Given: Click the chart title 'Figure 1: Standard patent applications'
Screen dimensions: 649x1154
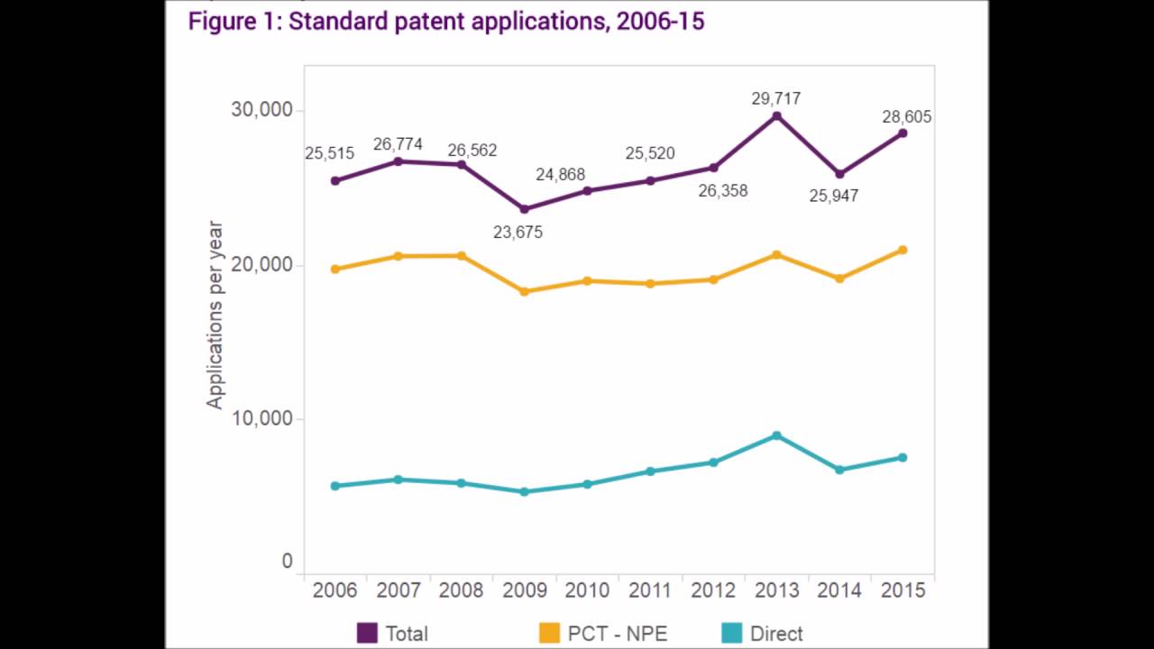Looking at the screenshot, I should point(445,22).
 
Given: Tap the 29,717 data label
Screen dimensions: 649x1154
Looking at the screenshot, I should point(776,98).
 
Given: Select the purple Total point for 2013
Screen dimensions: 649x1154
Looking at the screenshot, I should point(776,116).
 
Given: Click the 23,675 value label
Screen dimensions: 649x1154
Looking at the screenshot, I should point(517,233).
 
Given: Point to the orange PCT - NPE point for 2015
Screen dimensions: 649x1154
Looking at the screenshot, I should point(902,250).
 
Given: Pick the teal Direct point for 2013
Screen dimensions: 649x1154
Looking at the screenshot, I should point(776,435).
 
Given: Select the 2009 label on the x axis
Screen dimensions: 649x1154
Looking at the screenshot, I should point(524,590).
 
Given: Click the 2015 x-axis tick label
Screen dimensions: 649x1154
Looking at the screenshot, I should point(902,590).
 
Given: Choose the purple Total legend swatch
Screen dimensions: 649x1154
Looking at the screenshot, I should point(367,633).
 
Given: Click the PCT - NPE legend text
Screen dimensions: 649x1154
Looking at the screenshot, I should point(618,634).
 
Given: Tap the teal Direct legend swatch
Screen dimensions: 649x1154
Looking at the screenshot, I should point(731,633).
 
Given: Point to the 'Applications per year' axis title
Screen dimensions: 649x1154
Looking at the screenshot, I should point(215,315).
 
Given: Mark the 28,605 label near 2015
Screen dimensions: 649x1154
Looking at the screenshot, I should point(906,117).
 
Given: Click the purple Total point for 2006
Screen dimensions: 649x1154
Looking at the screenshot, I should point(335,180).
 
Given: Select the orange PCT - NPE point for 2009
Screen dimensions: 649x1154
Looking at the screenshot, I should point(524,291).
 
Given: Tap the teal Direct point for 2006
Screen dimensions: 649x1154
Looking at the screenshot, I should point(335,486).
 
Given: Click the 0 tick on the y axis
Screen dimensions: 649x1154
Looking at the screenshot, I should point(287,562).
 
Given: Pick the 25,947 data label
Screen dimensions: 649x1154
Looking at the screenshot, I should point(833,196).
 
